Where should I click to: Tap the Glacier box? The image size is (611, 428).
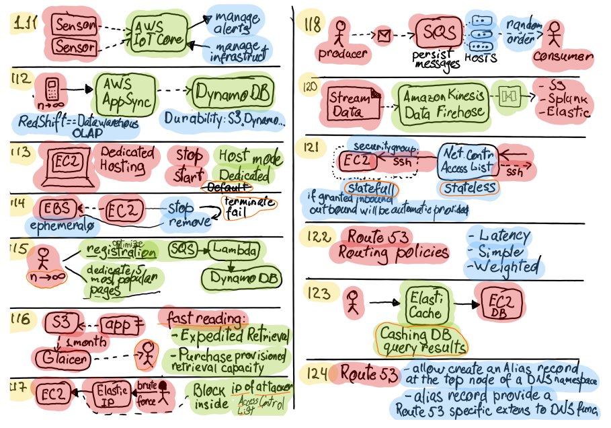62,359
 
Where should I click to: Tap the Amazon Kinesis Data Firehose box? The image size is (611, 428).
442,104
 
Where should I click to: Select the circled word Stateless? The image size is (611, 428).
469,186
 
